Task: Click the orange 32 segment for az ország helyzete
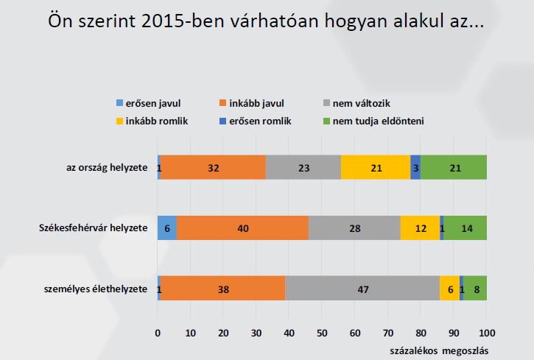[x=213, y=168]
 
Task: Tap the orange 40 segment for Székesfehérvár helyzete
[x=242, y=229]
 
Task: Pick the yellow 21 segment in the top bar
[x=376, y=168]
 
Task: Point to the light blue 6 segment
[x=167, y=229]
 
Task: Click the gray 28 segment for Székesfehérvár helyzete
[x=354, y=229]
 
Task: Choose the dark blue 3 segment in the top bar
[x=415, y=168]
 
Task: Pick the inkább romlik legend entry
[x=153, y=121]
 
